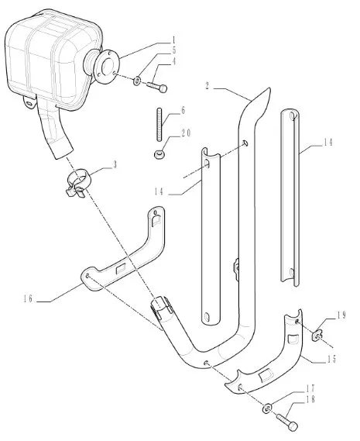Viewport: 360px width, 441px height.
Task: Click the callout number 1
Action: click(x=173, y=40)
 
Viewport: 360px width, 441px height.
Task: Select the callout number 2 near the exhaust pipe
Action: click(x=207, y=85)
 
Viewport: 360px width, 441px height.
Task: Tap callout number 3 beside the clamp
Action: click(x=115, y=165)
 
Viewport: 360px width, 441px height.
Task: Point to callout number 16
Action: click(x=28, y=298)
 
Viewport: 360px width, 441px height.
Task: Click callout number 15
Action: click(x=331, y=359)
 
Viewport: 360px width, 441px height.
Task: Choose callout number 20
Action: click(x=186, y=133)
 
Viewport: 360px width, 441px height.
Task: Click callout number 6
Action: click(x=183, y=111)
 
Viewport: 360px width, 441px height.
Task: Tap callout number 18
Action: click(x=310, y=399)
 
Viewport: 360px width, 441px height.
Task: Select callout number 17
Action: click(x=310, y=389)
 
